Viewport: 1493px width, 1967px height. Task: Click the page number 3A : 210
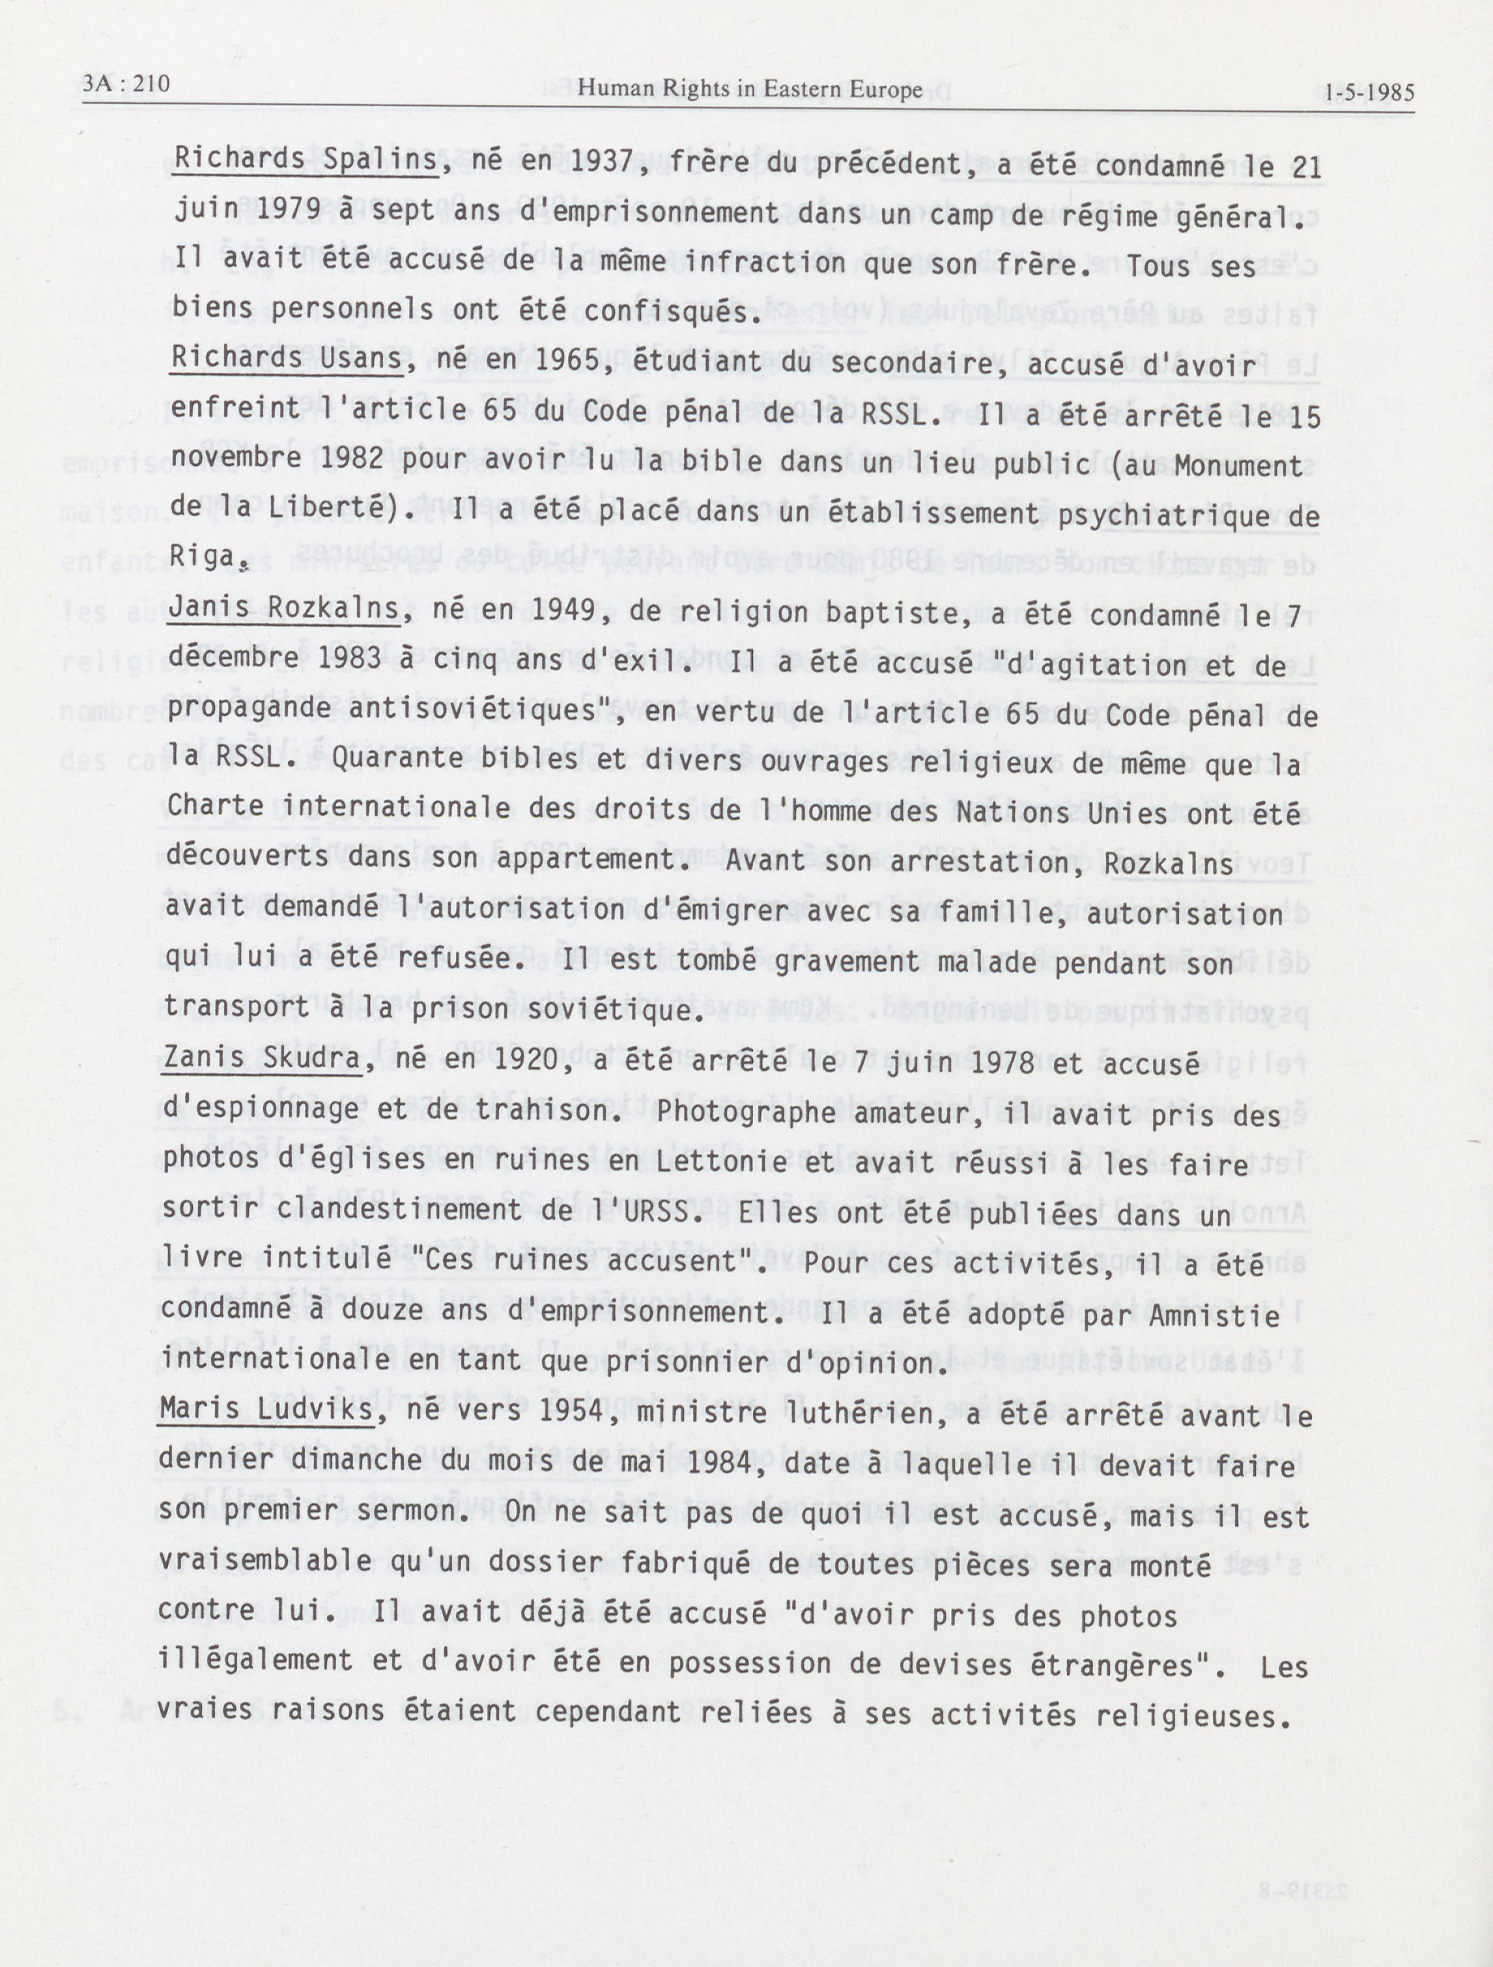[x=125, y=85]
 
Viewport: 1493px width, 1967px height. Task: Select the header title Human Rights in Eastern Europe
[x=750, y=90]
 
